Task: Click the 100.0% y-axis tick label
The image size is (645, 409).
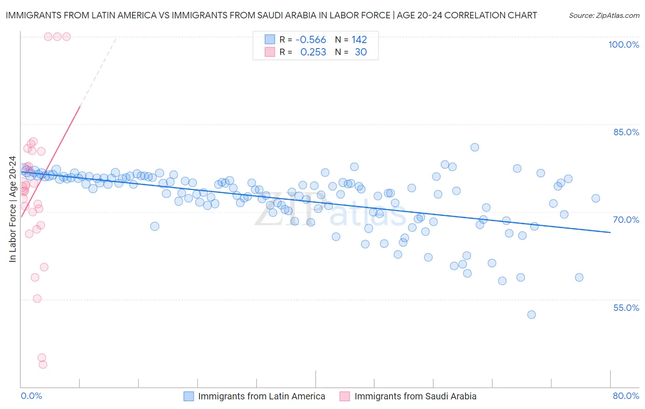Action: pos(623,44)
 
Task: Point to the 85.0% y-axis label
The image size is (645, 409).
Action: pos(626,132)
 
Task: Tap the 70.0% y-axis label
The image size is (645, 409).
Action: pos(626,220)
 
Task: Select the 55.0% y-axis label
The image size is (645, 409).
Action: pos(626,308)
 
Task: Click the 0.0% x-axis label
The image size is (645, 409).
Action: pos(31,396)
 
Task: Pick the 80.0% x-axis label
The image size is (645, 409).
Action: pos(626,396)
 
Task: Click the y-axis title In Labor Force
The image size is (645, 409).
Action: pos(12,209)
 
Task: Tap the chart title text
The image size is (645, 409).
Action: pos(271,15)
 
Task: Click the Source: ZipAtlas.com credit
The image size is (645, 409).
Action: pos(604,15)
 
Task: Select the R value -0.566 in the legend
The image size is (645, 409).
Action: pos(311,40)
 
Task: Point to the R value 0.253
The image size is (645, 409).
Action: pos(313,52)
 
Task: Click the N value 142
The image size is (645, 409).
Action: pos(359,40)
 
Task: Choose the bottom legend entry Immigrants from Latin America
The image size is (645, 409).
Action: pos(261,396)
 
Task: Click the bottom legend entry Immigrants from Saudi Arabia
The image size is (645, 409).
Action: pos(415,396)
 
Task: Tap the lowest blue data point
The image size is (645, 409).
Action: pos(531,315)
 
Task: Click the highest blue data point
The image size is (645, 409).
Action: pos(475,147)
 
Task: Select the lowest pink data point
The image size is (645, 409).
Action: pos(43,365)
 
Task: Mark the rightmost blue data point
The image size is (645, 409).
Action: pos(595,199)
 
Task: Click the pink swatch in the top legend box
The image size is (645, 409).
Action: pos(270,52)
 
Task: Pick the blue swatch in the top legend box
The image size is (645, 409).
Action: pos(270,40)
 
